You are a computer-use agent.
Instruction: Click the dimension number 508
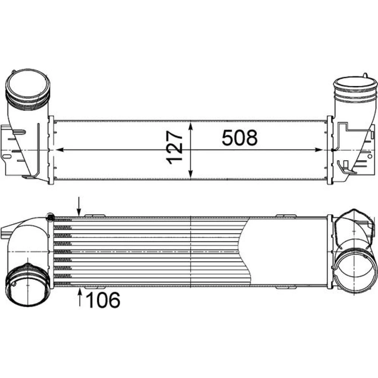tap(240, 138)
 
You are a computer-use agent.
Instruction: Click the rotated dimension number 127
tap(174, 147)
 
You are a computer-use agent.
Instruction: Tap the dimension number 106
tap(103, 300)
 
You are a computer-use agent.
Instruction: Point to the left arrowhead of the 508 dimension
tap(60, 150)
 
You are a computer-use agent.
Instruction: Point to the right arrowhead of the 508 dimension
tap(319, 150)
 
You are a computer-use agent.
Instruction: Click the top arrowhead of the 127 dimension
tap(191, 126)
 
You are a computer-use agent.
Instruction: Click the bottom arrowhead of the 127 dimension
tap(191, 174)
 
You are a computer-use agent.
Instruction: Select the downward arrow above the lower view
tap(79, 206)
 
